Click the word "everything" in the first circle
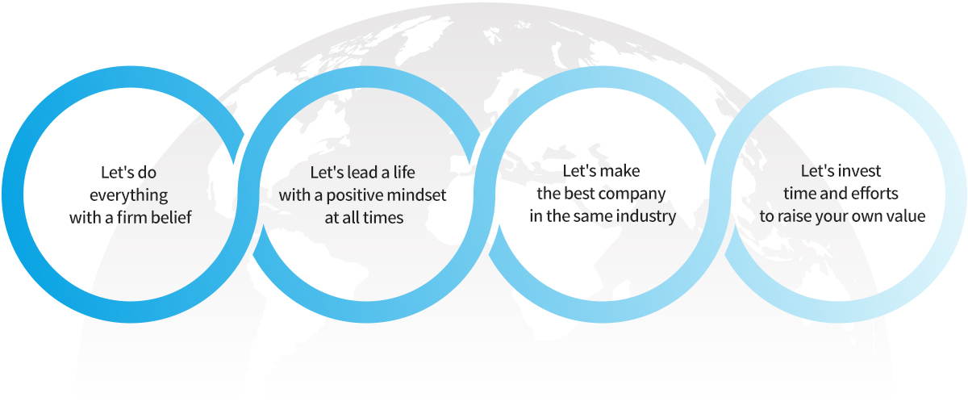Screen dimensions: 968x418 tap(129, 196)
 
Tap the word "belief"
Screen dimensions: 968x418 tap(170, 217)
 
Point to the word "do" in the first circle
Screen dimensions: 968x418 tap(148, 173)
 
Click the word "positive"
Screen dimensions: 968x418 tap(356, 196)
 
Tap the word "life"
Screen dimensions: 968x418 tap(404, 172)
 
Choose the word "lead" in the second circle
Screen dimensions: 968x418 tap(362, 172)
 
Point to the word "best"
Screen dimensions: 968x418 tap(578, 193)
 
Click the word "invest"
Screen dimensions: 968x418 tap(860, 171)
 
